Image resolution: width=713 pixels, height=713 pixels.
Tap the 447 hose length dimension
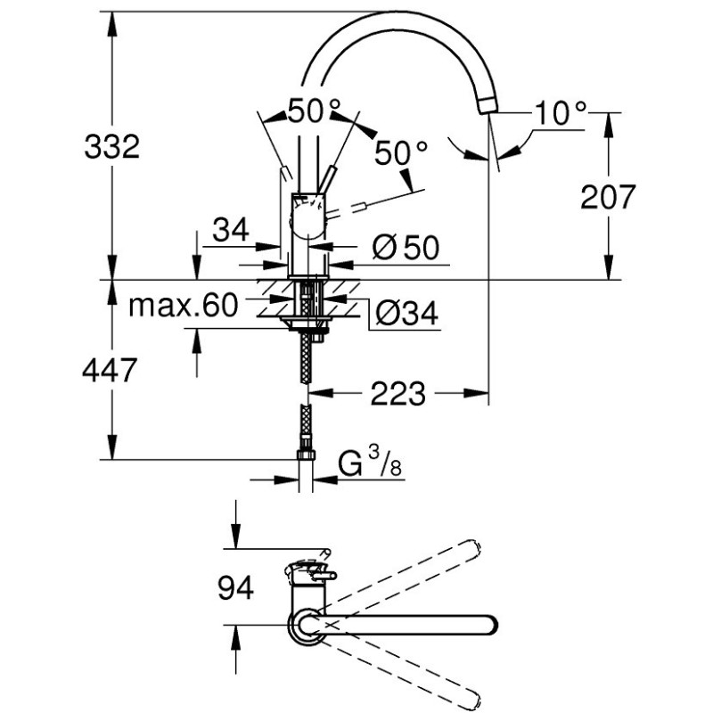[x=112, y=369]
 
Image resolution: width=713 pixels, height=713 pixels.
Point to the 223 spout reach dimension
[x=398, y=393]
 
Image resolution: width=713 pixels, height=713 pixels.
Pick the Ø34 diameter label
[x=406, y=312]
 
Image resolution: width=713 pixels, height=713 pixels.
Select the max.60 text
[x=183, y=306]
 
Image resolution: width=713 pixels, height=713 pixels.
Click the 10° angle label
[x=561, y=113]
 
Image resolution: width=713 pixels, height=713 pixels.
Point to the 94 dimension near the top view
[x=234, y=587]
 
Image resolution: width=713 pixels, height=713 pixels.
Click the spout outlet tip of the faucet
[x=487, y=107]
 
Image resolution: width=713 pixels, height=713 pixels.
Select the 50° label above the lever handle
[x=313, y=112]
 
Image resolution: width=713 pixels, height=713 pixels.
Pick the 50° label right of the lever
[x=400, y=153]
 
